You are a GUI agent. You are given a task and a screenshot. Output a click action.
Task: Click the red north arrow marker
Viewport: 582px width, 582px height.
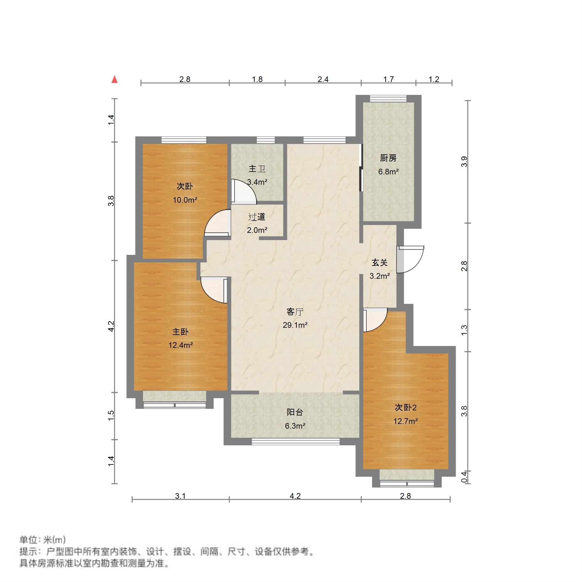(x=115, y=79)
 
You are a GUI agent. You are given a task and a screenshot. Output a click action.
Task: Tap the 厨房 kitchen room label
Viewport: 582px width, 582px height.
(x=388, y=158)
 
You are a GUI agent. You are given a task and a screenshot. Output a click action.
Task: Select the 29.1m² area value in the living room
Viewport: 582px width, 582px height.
(x=295, y=325)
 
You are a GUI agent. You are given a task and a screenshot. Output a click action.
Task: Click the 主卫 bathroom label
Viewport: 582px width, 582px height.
(x=257, y=169)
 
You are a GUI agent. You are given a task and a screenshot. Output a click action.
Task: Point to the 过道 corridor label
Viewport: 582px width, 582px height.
(x=257, y=217)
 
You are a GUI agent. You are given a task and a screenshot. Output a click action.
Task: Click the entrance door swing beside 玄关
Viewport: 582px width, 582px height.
(x=410, y=259)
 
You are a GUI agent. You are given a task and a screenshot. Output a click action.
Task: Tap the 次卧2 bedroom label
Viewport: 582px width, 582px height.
(x=405, y=408)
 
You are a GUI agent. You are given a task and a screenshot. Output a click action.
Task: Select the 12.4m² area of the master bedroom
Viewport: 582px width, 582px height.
(x=180, y=345)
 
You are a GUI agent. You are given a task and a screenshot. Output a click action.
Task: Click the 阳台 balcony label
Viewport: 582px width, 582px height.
(x=295, y=412)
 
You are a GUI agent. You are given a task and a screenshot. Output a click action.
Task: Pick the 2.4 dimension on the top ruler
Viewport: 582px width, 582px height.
(x=323, y=79)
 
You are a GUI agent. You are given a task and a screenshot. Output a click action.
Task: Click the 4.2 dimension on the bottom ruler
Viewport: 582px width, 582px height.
(x=295, y=496)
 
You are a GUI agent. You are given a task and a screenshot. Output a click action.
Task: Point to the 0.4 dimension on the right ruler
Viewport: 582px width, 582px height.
(x=464, y=477)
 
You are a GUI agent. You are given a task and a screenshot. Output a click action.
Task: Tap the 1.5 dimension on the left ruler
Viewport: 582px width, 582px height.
(x=111, y=416)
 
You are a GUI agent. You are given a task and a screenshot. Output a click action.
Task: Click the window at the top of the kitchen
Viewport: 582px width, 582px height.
(x=388, y=99)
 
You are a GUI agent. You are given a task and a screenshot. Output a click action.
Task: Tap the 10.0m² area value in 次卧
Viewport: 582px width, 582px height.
(x=185, y=200)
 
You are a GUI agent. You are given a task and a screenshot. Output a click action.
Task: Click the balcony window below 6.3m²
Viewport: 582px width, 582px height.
(x=295, y=442)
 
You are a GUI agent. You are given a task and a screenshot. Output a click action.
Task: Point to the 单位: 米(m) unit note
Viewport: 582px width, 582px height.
(x=43, y=540)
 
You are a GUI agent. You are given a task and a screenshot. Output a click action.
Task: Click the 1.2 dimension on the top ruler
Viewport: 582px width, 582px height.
(x=434, y=79)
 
